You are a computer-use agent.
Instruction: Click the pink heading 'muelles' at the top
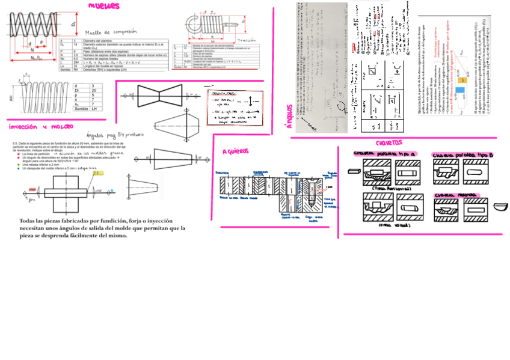(x=103, y=7)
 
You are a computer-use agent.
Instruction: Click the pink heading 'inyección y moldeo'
(x=41, y=127)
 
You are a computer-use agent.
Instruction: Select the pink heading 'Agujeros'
(x=239, y=151)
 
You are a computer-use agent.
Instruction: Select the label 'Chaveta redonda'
(x=455, y=195)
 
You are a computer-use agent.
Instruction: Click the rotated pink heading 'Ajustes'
(x=289, y=118)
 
